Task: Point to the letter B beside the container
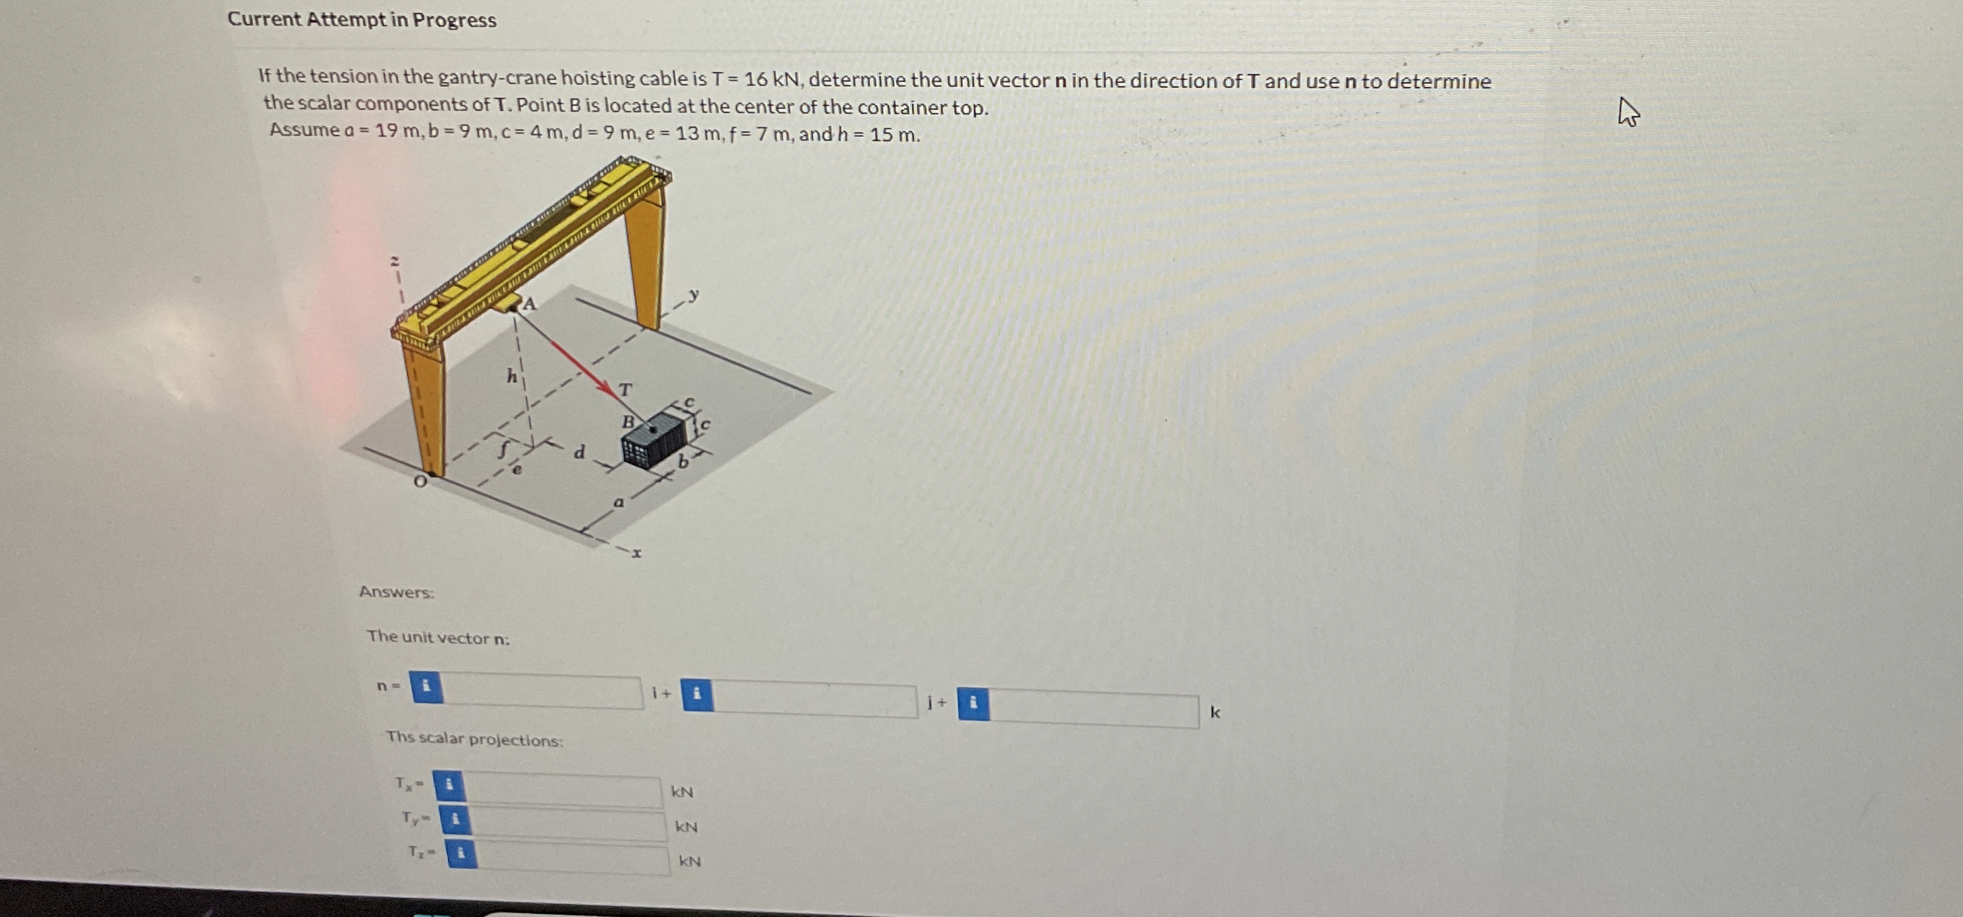tap(629, 421)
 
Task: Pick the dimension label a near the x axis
tap(619, 502)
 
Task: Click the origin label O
tap(419, 482)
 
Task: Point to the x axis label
tap(637, 553)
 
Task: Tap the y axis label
tap(694, 293)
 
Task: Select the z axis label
tap(395, 261)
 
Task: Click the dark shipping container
tap(654, 440)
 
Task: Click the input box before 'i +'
tap(541, 690)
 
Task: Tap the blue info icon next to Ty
tap(455, 820)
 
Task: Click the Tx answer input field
tap(563, 789)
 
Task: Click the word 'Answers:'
tap(397, 592)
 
